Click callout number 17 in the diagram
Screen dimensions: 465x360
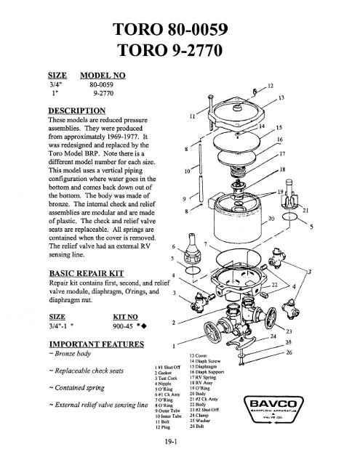(x=283, y=154)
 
